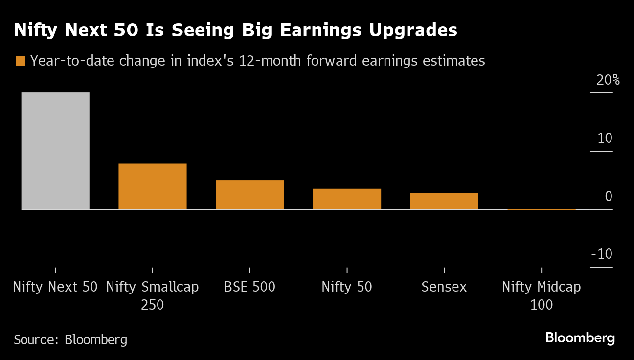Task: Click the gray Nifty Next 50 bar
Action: (x=55, y=151)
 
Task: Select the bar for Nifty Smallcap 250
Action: (x=152, y=186)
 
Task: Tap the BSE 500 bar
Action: (x=249, y=195)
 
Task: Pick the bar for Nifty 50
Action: (x=347, y=199)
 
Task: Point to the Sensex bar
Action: (x=444, y=201)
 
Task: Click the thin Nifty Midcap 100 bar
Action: (x=541, y=209)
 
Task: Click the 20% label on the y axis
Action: (x=608, y=80)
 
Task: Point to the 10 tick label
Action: (x=605, y=138)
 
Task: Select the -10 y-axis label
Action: (x=602, y=254)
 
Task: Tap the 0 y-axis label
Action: (x=609, y=196)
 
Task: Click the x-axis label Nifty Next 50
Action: (x=55, y=287)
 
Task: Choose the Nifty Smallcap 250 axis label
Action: (x=152, y=295)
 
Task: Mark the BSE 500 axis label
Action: (x=249, y=287)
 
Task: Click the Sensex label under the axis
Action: (x=444, y=287)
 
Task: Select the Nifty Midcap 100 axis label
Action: (x=541, y=295)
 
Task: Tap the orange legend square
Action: (x=20, y=61)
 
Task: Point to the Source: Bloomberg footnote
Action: (x=70, y=339)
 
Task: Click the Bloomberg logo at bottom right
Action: (x=580, y=337)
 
